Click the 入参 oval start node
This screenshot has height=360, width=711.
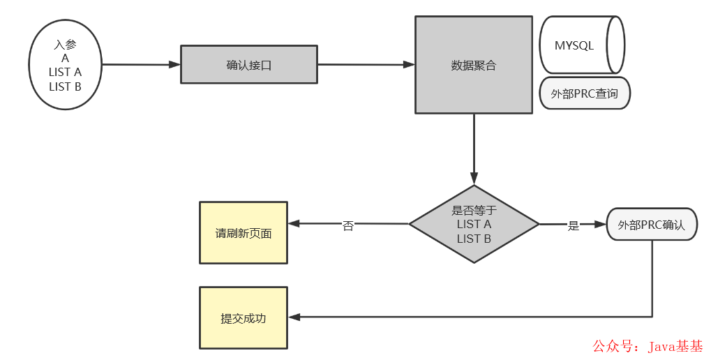tap(65, 66)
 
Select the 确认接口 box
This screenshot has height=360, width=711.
tap(249, 65)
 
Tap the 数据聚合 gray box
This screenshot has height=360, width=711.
tap(473, 65)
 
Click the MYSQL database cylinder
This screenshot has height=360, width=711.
tap(581, 45)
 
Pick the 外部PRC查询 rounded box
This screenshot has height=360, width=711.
tap(585, 93)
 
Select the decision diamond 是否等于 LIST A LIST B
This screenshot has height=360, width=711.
tap(474, 224)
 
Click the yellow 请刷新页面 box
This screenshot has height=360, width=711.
tap(243, 233)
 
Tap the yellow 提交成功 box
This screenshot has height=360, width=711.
tap(243, 317)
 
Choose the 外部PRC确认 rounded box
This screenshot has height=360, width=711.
tap(652, 225)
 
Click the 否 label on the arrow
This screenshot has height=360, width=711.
tap(347, 226)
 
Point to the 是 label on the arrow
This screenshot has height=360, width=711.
tap(574, 225)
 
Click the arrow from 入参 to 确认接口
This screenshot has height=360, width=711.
tap(140, 65)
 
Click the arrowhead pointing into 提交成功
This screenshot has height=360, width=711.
tap(294, 317)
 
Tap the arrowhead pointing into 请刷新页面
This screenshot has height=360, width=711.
tap(294, 224)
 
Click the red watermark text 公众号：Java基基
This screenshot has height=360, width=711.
tap(648, 346)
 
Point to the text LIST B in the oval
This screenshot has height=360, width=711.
tap(65, 87)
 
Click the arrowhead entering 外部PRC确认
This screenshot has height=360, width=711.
tap(601, 225)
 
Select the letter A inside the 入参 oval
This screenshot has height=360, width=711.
tap(65, 59)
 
